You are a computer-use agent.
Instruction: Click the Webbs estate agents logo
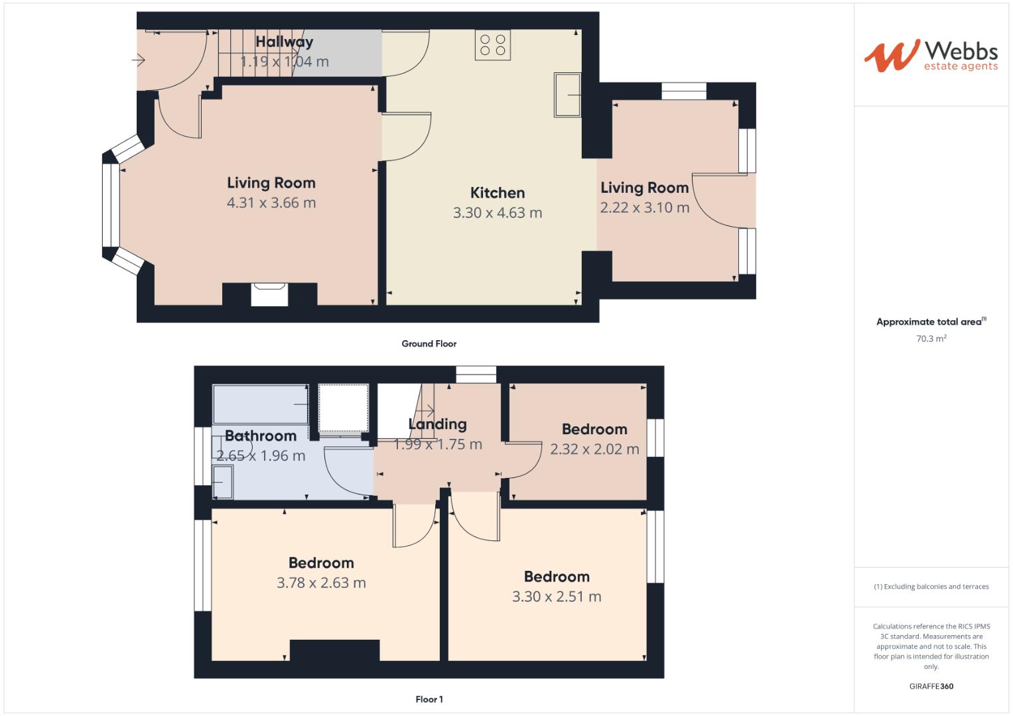(930, 55)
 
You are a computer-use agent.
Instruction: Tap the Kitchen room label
(497, 193)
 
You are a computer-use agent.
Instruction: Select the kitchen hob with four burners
(493, 45)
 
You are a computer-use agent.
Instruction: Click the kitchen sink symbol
(567, 95)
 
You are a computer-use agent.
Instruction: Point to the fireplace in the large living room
(269, 294)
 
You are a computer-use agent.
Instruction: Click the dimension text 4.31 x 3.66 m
(271, 203)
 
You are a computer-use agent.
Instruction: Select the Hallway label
(284, 42)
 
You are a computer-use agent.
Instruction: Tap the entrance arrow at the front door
(139, 61)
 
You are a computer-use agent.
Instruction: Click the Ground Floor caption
(429, 343)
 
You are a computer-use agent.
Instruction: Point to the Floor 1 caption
(429, 699)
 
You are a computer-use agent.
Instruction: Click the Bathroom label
(260, 436)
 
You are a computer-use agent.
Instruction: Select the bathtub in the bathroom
(260, 404)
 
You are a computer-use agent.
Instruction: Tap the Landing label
(437, 424)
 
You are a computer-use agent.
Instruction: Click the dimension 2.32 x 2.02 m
(594, 449)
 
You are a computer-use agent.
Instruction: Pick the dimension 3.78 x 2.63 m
(321, 583)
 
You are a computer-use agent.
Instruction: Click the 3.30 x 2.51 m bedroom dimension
(556, 597)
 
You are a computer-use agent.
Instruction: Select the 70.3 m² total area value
(931, 339)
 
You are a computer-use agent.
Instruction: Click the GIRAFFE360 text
(931, 686)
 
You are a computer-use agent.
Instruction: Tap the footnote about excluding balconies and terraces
(931, 587)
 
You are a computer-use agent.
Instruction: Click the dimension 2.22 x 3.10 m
(644, 208)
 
